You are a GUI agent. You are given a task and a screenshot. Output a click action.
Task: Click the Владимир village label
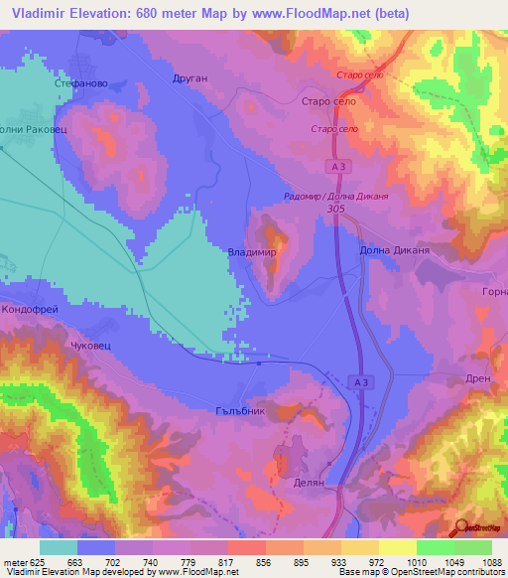tap(251, 253)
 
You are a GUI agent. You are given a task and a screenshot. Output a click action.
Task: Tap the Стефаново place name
tap(80, 84)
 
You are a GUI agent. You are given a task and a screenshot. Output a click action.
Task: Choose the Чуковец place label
tap(93, 347)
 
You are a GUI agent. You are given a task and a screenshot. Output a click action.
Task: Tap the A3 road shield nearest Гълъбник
tap(361, 382)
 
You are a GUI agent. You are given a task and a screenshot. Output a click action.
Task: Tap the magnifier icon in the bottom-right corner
tap(461, 528)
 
